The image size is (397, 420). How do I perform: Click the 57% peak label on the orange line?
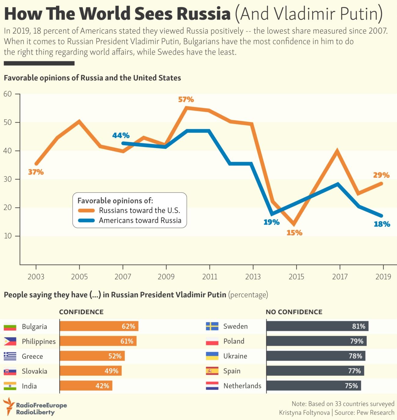coord(186,100)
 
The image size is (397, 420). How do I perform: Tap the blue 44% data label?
coord(121,135)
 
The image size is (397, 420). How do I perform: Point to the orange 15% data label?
coord(294,233)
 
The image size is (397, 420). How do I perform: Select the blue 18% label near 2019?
coord(382,224)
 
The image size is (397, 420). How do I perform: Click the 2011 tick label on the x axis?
coord(210,277)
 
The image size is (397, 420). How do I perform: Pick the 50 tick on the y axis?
coord(8,122)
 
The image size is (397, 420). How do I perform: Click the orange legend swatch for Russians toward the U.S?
coord(86,211)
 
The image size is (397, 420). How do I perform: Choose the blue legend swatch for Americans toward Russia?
coord(86,220)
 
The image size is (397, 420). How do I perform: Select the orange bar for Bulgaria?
coord(99,326)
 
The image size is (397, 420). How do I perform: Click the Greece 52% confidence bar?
coord(92,356)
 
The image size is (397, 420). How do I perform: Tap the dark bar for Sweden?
coord(317,326)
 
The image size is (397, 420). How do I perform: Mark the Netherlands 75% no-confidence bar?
coord(313,386)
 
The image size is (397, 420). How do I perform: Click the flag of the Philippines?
coord(10,341)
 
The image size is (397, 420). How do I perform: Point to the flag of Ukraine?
coord(212,356)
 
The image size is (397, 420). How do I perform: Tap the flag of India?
coord(10,386)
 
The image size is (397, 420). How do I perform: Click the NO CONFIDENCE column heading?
coord(294,312)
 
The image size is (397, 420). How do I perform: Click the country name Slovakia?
coord(35,371)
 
